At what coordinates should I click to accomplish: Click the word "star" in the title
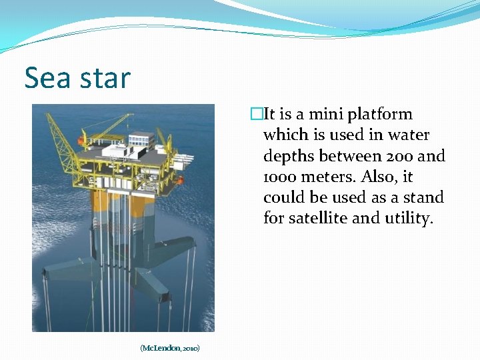click(105, 79)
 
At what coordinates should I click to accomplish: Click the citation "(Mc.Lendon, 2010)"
click(170, 348)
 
